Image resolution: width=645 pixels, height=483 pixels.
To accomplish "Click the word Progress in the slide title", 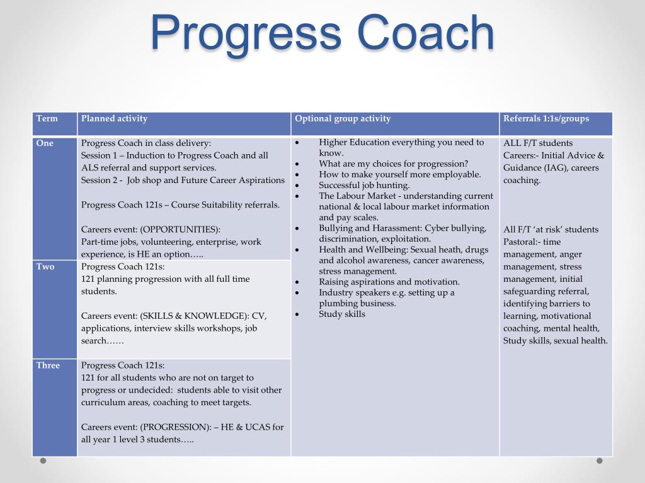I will (x=246, y=34).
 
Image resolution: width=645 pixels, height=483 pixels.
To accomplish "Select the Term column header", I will (x=47, y=118).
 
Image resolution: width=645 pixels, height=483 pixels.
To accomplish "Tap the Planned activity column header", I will (x=114, y=118).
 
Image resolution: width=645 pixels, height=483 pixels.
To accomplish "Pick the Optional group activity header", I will (x=343, y=118).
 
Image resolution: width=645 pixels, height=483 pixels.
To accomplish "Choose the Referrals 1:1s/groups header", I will (x=546, y=118).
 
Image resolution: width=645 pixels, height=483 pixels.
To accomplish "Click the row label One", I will (x=45, y=143).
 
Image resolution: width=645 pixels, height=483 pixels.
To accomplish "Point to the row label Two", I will (x=45, y=267).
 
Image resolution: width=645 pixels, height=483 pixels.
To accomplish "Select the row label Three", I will (x=48, y=365).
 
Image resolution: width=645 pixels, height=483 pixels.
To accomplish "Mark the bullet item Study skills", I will (x=341, y=314).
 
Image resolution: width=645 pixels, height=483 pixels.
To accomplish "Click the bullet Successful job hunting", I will (x=364, y=185).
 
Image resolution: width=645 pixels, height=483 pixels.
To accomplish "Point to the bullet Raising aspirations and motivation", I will (x=389, y=282).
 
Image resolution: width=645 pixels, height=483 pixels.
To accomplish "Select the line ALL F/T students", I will (x=538, y=143).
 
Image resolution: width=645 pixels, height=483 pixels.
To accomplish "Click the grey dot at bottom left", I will (x=43, y=461).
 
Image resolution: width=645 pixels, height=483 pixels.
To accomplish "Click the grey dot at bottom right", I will (x=600, y=461).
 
